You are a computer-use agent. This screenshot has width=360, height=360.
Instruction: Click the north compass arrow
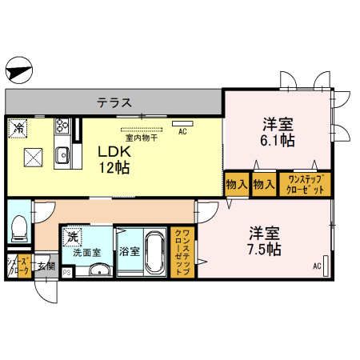[x=19, y=70]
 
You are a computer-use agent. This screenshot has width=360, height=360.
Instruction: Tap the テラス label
[x=114, y=102]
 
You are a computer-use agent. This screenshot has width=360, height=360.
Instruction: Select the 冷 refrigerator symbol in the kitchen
[x=16, y=126]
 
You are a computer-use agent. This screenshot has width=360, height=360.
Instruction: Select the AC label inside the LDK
[x=182, y=130]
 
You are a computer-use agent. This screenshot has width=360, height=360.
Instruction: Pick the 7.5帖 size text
[x=262, y=249]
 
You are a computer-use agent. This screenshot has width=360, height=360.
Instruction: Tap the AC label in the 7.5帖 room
[x=317, y=266]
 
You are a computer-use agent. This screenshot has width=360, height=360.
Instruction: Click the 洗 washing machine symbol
[x=72, y=237]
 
